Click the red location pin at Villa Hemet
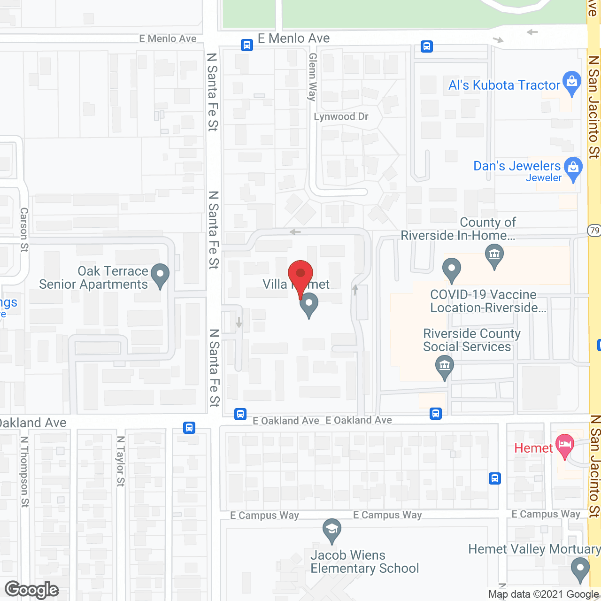tap(300, 274)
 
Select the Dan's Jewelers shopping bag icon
tap(573, 168)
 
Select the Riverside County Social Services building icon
tap(444, 366)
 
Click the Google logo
tap(32, 590)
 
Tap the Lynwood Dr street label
tap(341, 116)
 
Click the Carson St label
tap(24, 230)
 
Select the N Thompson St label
tap(24, 471)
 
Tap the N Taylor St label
tap(121, 461)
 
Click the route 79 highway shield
tap(594, 230)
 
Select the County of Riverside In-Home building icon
tap(494, 255)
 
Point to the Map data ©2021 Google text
tap(544, 594)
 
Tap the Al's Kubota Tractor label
tap(504, 85)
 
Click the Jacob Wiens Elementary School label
tap(364, 562)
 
